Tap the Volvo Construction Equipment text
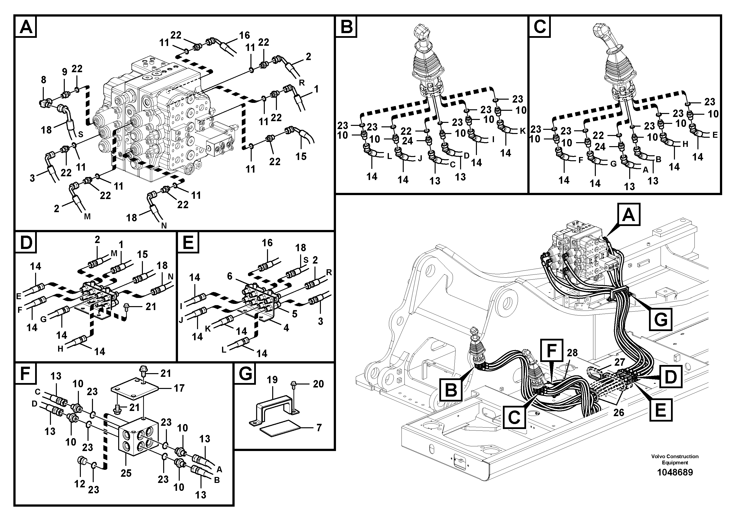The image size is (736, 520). tap(675, 459)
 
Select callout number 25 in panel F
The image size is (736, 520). tap(126, 473)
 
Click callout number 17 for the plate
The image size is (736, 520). tap(179, 388)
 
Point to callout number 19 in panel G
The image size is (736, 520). tap(272, 380)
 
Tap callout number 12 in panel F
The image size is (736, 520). tap(80, 483)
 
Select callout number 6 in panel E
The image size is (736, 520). tap(229, 276)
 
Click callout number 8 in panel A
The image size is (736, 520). tap(44, 80)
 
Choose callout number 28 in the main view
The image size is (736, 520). tap(572, 353)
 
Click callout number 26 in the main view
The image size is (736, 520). tap(618, 412)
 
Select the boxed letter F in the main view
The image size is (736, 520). tap(551, 350)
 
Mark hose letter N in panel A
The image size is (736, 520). tap(164, 225)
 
